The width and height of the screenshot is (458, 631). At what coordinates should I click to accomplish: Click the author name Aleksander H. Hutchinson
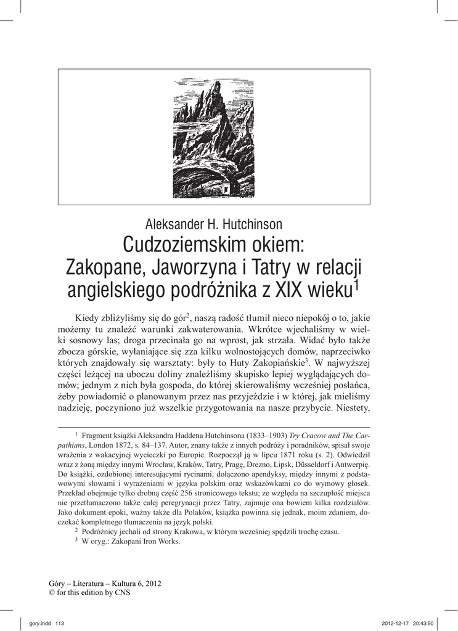point(213,224)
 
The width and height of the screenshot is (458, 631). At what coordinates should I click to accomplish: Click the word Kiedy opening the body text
point(88,317)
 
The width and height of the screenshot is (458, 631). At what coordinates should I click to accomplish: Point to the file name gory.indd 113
point(47,623)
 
